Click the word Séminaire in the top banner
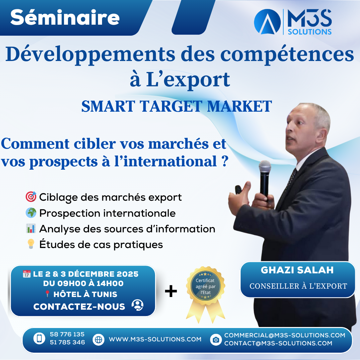[65, 18]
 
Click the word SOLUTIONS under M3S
[308, 32]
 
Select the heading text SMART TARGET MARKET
[177, 106]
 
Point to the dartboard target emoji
[31, 197]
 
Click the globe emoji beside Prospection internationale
[31, 213]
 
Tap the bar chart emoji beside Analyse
[31, 229]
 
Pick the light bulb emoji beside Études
[31, 244]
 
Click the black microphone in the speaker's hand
[265, 177]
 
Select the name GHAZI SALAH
[297, 270]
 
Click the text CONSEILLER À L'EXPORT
[298, 286]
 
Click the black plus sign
[171, 291]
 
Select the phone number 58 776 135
[67, 334]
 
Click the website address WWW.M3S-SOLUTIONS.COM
[155, 339]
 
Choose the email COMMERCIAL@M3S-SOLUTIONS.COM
[285, 335]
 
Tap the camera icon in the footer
[216, 340]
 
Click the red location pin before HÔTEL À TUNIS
[47, 294]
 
